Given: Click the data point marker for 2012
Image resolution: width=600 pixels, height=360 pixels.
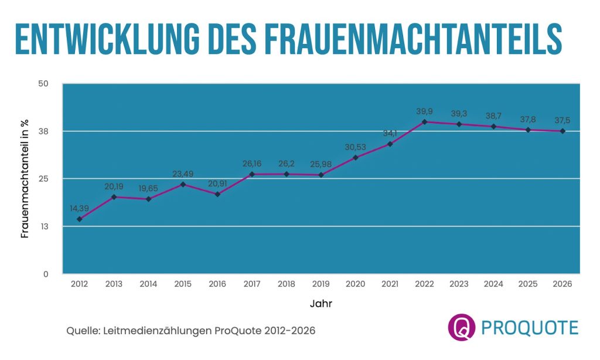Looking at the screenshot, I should pyautogui.click(x=79, y=219).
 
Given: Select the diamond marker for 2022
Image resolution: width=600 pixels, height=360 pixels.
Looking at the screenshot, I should pyautogui.click(x=424, y=122).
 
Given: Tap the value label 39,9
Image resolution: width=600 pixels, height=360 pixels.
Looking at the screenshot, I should pyautogui.click(x=424, y=111).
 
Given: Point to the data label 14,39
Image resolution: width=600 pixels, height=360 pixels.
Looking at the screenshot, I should pyautogui.click(x=79, y=208).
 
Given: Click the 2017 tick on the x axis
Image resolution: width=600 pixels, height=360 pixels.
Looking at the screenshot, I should pyautogui.click(x=252, y=284).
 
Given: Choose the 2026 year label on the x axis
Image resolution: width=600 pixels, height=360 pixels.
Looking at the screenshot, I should pyautogui.click(x=562, y=284).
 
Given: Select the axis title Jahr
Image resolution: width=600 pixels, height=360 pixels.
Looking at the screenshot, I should pyautogui.click(x=321, y=304).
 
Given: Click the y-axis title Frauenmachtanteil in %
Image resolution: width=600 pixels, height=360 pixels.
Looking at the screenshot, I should pyautogui.click(x=25, y=179).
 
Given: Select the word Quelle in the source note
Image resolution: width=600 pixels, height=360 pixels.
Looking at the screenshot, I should pyautogui.click(x=82, y=331).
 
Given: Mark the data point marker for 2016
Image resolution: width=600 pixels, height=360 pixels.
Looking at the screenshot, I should pyautogui.click(x=217, y=194).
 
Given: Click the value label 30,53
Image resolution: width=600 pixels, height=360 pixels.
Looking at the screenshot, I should pyautogui.click(x=356, y=147).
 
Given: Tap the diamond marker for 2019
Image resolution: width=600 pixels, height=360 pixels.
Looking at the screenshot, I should pyautogui.click(x=321, y=175).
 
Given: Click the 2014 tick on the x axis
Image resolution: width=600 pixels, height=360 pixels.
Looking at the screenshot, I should pyautogui.click(x=148, y=284).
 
